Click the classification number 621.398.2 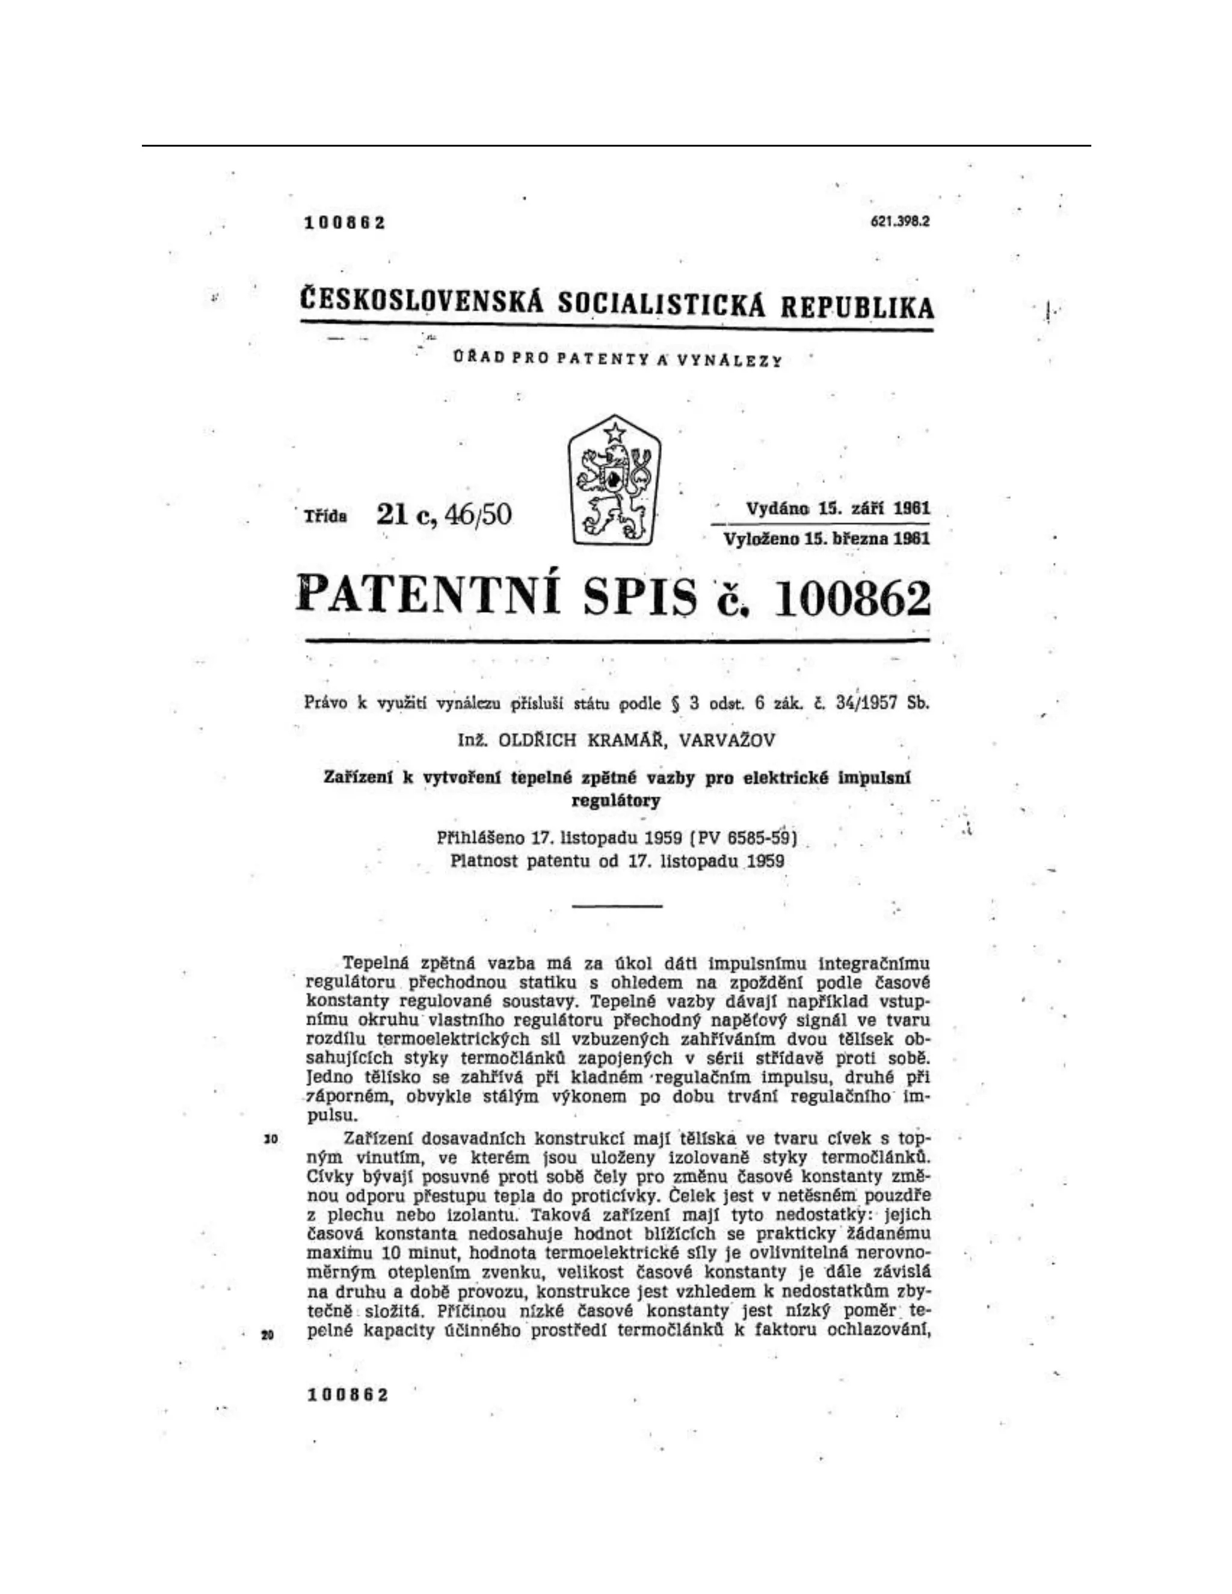(x=900, y=222)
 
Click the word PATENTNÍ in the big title (x=428, y=594)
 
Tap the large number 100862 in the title (x=851, y=599)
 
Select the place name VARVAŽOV (x=727, y=740)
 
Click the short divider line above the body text (x=617, y=906)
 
